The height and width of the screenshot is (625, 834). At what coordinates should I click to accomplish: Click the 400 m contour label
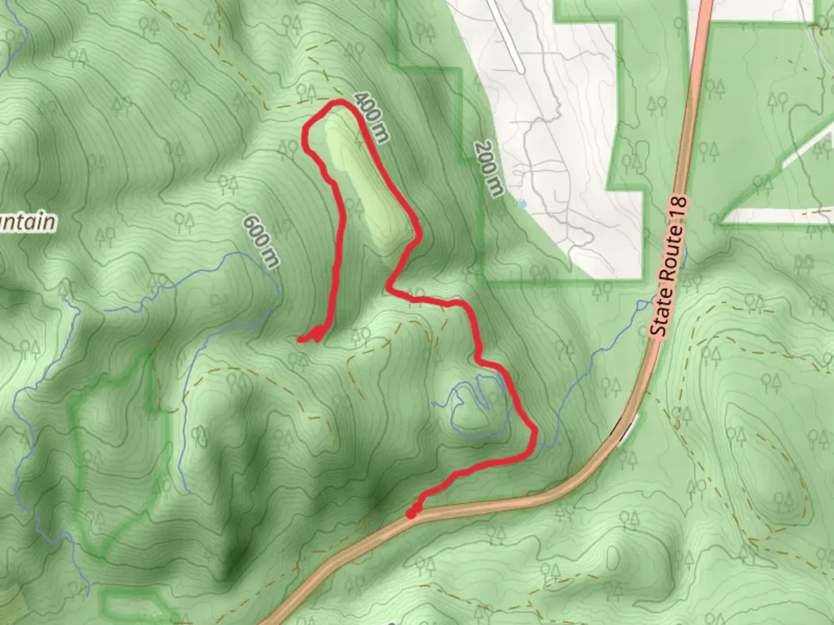click(371, 117)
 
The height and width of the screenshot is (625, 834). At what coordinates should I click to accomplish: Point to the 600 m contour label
click(261, 241)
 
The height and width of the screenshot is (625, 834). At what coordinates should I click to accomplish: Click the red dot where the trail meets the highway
click(411, 513)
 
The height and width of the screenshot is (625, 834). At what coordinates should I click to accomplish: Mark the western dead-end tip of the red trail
click(299, 339)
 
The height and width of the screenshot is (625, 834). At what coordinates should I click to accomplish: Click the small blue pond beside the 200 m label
click(523, 204)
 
